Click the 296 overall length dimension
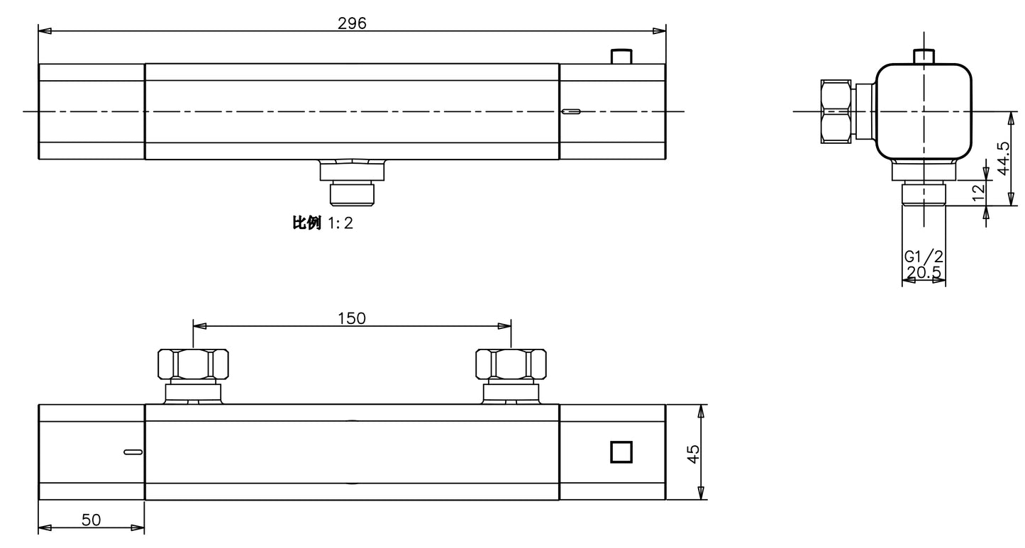352,23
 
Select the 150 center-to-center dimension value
352,318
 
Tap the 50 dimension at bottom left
91,520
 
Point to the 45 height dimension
693,452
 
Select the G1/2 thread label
924,257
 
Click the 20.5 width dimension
924,272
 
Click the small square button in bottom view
621,452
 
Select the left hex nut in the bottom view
192,364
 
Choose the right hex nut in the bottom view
511,364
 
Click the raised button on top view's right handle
621,56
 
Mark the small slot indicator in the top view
570,111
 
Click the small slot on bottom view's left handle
133,452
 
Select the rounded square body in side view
924,111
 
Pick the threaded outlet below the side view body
924,194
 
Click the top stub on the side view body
924,55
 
